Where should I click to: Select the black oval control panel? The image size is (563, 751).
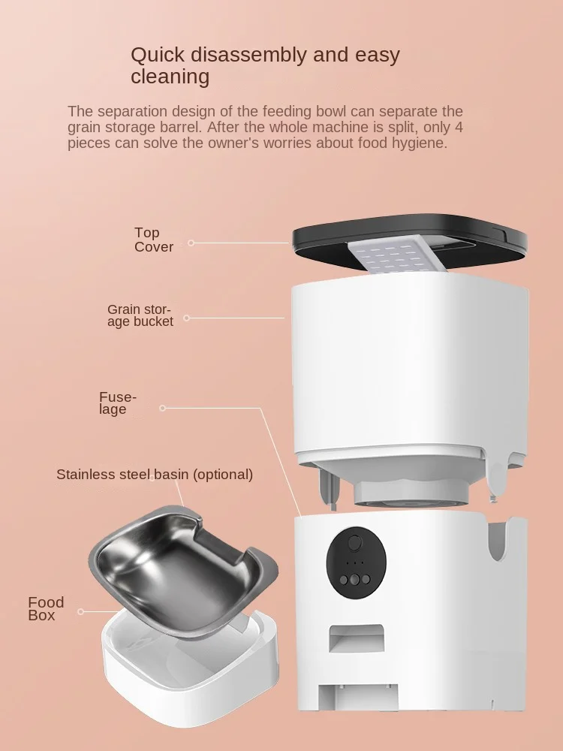tap(356, 562)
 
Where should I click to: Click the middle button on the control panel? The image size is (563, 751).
tap(355, 580)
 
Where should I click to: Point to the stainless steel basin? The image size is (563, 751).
tap(182, 570)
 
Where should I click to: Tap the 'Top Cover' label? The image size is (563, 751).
tap(153, 240)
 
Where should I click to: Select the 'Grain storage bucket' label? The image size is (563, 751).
tap(140, 315)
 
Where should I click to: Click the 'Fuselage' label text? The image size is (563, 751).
tap(118, 403)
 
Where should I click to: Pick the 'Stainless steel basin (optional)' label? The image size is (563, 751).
tap(155, 474)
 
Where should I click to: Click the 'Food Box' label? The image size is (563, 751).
tap(46, 609)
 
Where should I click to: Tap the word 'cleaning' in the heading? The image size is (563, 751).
tap(170, 77)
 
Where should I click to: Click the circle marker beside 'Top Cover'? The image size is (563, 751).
tap(191, 243)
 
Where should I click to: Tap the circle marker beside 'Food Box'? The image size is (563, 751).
tap(80, 611)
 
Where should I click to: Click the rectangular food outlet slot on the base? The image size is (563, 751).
tap(356, 638)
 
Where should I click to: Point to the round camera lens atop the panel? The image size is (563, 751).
tap(355, 543)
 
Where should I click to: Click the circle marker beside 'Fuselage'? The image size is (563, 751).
tap(162, 408)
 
